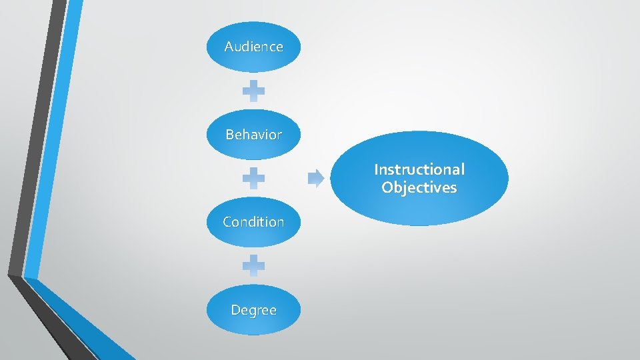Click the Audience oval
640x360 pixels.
tap(253, 47)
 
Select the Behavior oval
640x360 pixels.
tap(253, 135)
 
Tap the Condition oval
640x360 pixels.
tap(253, 222)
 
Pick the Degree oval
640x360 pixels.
tap(253, 310)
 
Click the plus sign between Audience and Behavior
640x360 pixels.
tap(253, 91)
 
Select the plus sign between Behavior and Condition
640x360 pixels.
tap(253, 178)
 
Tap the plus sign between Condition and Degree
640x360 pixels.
tap(253, 266)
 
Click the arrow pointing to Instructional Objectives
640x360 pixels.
tap(316, 178)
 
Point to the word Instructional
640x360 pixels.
tap(419, 169)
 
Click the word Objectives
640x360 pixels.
tap(419, 187)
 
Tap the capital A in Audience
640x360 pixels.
tap(229, 47)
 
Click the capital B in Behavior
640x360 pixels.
tap(229, 135)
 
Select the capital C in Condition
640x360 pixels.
tap(227, 222)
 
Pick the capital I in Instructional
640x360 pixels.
tap(376, 169)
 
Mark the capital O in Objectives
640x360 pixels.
tap(387, 187)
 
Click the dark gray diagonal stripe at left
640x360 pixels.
tap(33, 133)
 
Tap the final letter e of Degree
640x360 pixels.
tap(273, 311)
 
